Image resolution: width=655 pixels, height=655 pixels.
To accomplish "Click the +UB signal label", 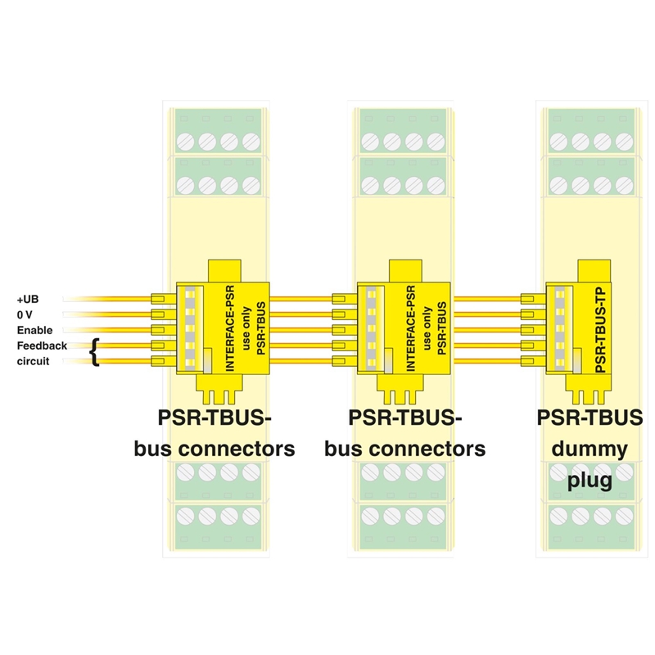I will [29, 300].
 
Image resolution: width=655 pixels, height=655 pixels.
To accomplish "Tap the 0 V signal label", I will [26, 315].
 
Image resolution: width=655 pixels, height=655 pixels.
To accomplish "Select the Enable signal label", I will [35, 331].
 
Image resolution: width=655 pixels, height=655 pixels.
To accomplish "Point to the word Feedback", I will [42, 346].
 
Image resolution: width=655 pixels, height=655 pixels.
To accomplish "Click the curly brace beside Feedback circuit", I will [96, 353].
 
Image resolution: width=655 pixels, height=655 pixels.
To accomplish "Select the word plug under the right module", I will [589, 480].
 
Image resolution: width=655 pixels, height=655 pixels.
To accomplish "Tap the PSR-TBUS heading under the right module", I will [589, 418].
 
